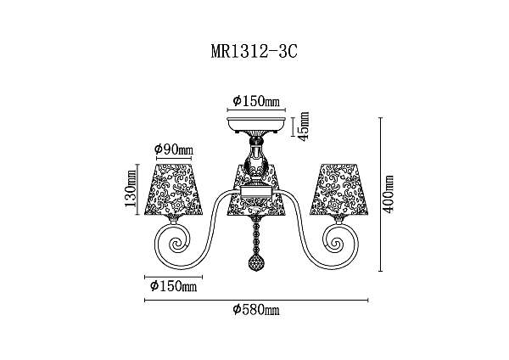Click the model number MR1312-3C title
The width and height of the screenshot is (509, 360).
click(255, 51)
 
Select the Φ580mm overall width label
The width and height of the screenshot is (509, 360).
click(256, 310)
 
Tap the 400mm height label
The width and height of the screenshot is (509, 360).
click(388, 194)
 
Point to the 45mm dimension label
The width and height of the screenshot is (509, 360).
click(304, 126)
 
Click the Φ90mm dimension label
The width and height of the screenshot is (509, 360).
click(174, 149)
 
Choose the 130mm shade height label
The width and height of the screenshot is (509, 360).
click(131, 188)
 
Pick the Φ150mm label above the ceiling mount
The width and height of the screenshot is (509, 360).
click(256, 101)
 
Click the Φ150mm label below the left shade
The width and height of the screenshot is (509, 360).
click(174, 286)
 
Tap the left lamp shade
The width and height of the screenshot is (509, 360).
click(174, 189)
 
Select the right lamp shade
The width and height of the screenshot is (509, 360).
click(338, 189)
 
